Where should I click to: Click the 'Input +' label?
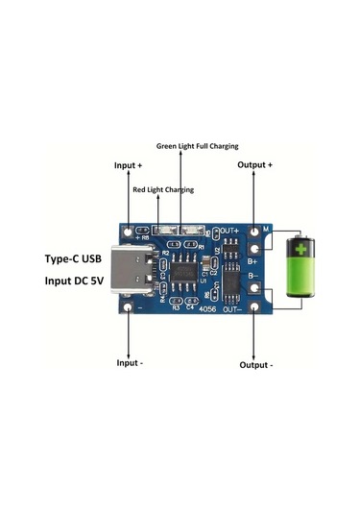tap(129, 165)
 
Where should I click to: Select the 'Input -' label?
tap(129, 362)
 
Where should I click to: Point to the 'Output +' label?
tap(256, 165)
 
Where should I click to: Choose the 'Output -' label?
tap(256, 366)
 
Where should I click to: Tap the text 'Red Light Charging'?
tap(163, 190)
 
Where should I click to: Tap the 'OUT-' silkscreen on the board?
tap(234, 309)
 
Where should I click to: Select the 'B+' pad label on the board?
tap(252, 259)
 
